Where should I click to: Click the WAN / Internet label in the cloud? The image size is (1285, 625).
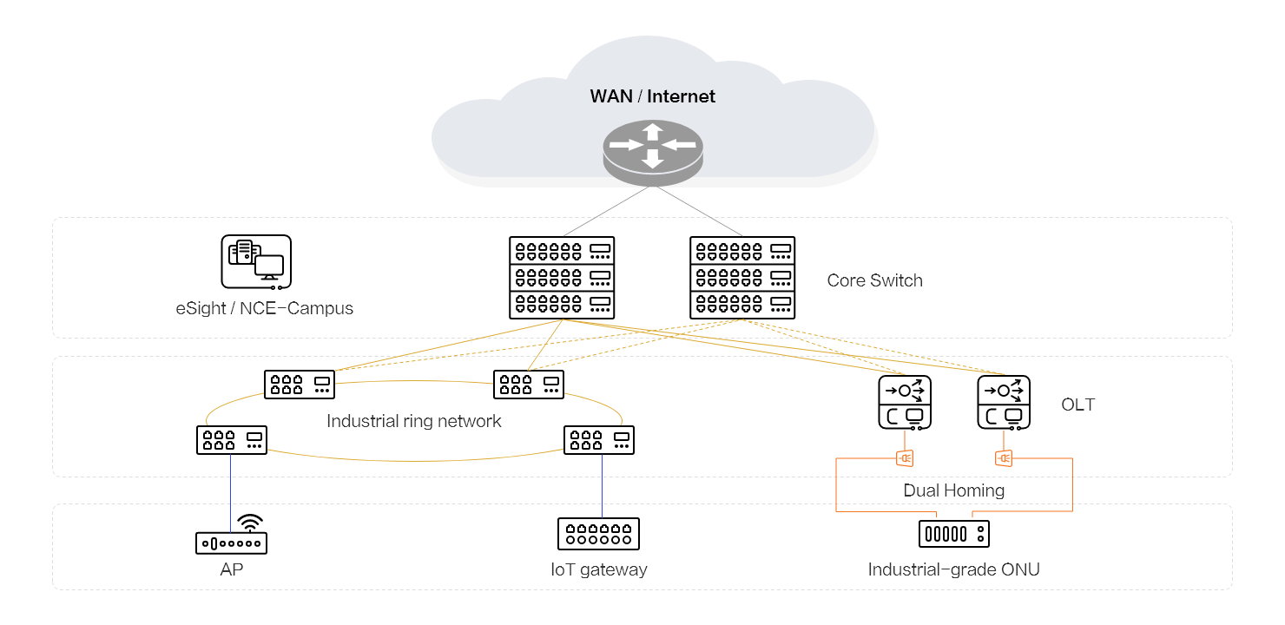click(x=652, y=96)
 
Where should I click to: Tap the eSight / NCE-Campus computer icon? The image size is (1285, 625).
click(x=256, y=261)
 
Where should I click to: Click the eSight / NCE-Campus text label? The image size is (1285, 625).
click(x=264, y=308)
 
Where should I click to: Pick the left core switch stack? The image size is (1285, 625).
click(x=561, y=278)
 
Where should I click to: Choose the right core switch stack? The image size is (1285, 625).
click(x=742, y=278)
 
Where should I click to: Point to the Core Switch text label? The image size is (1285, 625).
click(x=874, y=280)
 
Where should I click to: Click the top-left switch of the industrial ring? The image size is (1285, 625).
click(x=300, y=385)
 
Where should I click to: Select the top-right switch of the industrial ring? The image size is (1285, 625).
click(x=529, y=385)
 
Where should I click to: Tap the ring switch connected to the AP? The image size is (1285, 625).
click(x=232, y=439)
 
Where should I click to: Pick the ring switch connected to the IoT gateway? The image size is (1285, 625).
click(x=599, y=439)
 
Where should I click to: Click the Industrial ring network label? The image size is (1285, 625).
click(x=414, y=422)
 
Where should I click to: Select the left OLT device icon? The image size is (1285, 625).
click(x=905, y=403)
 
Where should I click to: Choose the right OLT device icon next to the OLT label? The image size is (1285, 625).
click(x=1004, y=403)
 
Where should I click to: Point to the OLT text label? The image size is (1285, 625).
click(x=1077, y=405)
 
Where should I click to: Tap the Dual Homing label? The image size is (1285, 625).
click(x=953, y=490)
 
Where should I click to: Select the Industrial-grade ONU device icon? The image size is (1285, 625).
click(x=954, y=533)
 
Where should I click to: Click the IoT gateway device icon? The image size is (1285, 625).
click(x=598, y=533)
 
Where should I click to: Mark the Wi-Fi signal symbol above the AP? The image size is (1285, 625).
click(x=250, y=523)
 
